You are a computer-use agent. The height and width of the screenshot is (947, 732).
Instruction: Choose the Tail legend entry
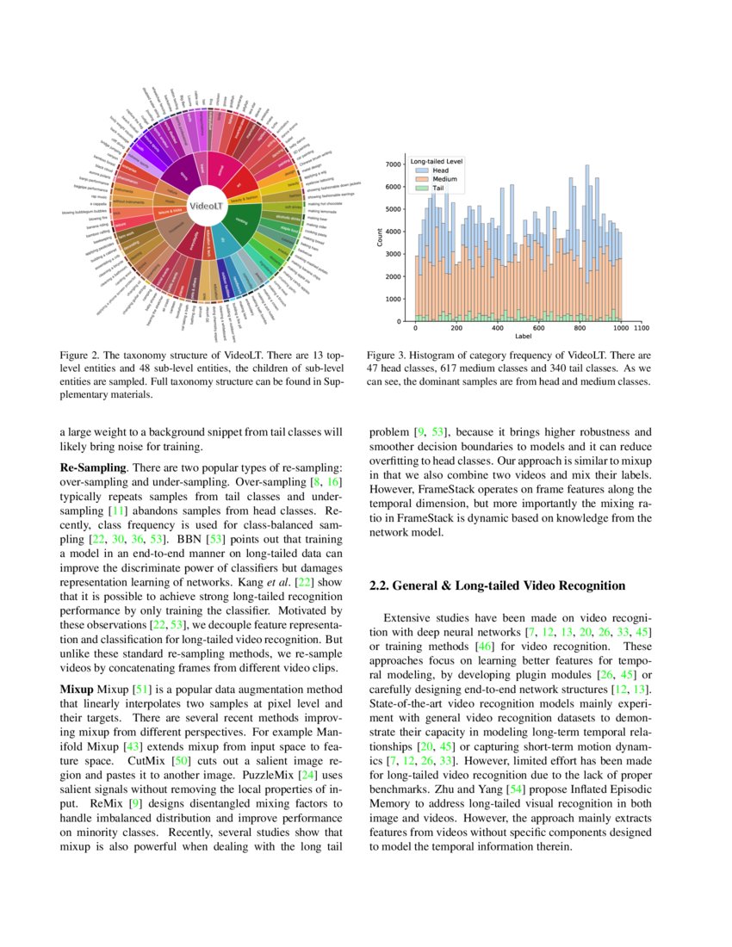(x=439, y=187)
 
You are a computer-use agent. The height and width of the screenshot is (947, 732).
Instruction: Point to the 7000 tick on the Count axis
(x=393, y=164)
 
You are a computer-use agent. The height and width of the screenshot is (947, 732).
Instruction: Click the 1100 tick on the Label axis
(x=641, y=328)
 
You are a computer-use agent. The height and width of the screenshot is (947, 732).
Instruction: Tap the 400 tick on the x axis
(x=498, y=328)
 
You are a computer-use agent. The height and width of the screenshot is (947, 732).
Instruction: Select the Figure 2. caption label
(x=82, y=355)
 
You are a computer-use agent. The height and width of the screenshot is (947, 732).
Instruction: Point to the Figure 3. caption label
(x=388, y=355)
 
